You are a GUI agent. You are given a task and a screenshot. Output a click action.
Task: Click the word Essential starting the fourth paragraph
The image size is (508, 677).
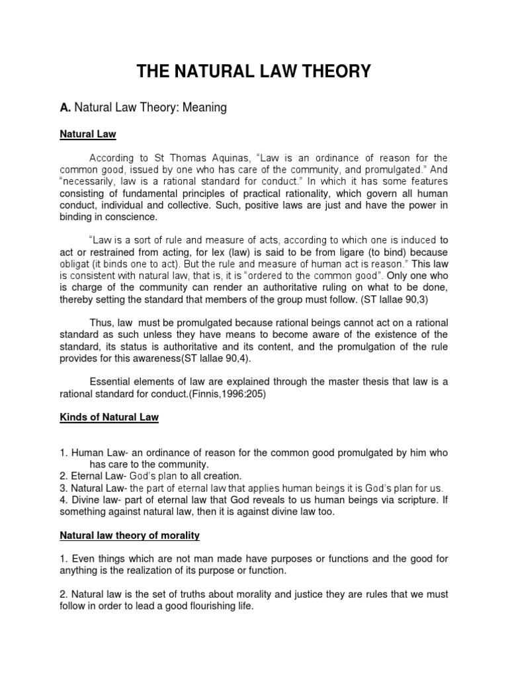[x=112, y=381]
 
